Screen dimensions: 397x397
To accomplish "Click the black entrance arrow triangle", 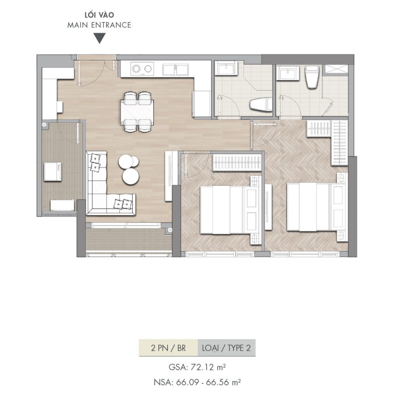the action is tap(99, 38).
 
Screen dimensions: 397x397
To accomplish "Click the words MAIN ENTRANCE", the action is tap(99, 25).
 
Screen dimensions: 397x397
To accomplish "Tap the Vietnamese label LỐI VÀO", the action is tap(99, 15).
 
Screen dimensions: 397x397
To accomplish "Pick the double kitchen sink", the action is tap(176, 69).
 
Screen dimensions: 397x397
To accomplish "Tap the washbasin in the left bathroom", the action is tap(226, 68).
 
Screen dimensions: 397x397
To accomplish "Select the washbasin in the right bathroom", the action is tap(288, 73).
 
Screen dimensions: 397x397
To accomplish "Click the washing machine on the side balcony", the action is tap(53, 172).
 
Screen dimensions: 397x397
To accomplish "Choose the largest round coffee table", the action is tap(130, 176).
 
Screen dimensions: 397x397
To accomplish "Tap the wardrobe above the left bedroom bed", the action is tap(237, 162).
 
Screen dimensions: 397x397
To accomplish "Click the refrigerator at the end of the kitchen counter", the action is tap(202, 104).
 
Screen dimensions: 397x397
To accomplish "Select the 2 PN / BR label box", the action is tap(168, 348).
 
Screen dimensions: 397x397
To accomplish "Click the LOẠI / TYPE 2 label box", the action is tap(226, 348).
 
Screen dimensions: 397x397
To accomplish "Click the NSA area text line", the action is tap(197, 382).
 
